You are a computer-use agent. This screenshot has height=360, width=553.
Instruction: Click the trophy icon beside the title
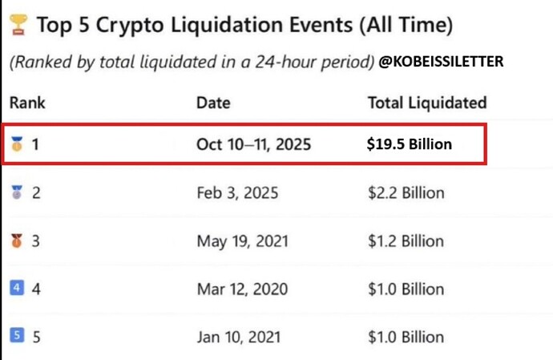[x=17, y=26]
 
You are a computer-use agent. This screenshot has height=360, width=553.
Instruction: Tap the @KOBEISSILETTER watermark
[x=442, y=61]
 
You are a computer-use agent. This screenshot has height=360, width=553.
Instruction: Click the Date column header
[x=213, y=103]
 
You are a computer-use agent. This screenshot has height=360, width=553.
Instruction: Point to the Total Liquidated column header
[x=426, y=103]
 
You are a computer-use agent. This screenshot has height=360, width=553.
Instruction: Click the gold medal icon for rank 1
[x=16, y=145]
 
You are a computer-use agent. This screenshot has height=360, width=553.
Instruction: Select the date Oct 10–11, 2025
[x=253, y=145]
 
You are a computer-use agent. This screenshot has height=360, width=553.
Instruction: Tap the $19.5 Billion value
[x=410, y=145]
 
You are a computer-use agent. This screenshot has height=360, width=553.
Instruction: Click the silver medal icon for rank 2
[x=16, y=193]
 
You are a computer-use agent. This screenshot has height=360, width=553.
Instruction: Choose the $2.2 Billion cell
[x=406, y=193]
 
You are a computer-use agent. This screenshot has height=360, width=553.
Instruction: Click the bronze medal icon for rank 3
[x=16, y=241]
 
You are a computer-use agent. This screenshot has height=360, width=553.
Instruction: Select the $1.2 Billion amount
[x=406, y=241]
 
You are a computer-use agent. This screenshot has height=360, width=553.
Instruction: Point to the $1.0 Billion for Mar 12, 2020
[x=406, y=289]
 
